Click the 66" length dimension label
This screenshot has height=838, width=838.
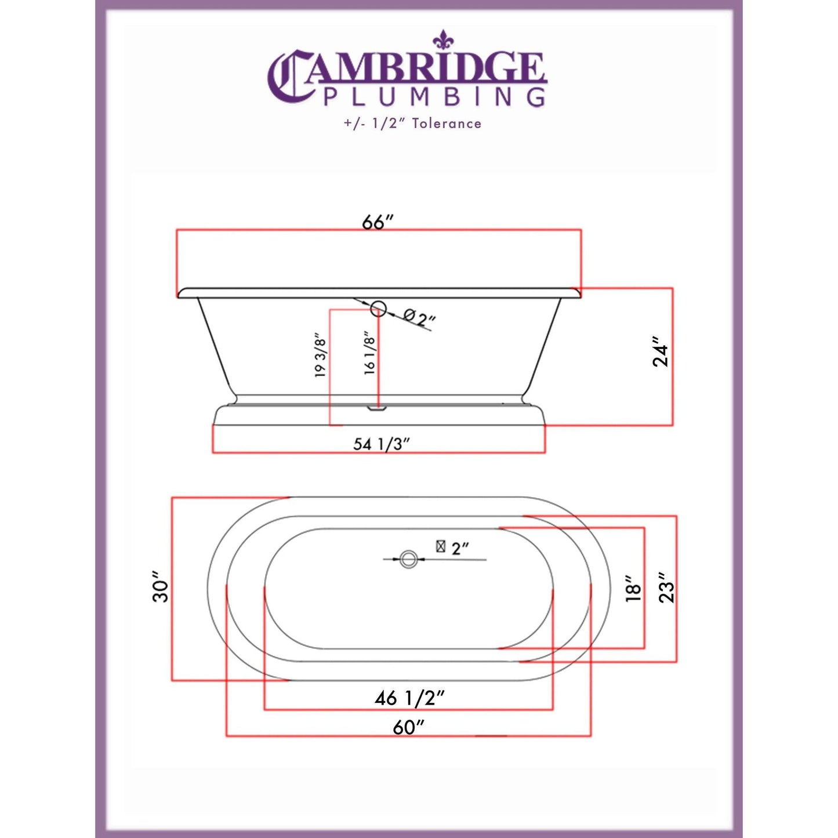pos(378,222)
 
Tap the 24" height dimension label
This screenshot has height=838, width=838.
pos(661,351)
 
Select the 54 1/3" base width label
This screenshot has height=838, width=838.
pos(382,444)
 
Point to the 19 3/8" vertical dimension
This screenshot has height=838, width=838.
pos(321,355)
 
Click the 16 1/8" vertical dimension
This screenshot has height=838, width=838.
pos(370,353)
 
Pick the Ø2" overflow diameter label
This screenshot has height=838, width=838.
pos(420,317)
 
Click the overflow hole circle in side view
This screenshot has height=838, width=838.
pos(379,309)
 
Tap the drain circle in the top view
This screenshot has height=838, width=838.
pos(409,559)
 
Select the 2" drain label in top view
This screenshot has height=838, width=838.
pos(460,548)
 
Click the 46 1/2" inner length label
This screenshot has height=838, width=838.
pos(409,698)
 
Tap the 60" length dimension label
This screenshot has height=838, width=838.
pos(408,726)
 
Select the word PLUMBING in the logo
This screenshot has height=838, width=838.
pos(434,97)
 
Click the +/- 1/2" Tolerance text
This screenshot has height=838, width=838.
pos(412,124)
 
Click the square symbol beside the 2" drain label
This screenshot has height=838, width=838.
pos(441,546)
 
